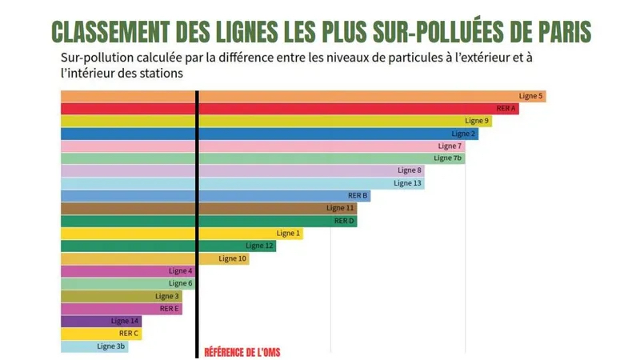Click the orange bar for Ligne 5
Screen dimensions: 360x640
tap(304, 96)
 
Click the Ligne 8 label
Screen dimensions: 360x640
tap(409, 170)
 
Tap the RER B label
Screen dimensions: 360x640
tap(358, 196)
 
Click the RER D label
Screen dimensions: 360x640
tap(345, 221)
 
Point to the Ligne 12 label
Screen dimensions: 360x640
tap(259, 246)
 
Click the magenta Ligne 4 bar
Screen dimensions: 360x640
tap(128, 271)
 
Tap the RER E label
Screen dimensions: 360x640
tap(170, 308)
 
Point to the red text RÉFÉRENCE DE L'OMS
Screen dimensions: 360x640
tap(242, 352)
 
